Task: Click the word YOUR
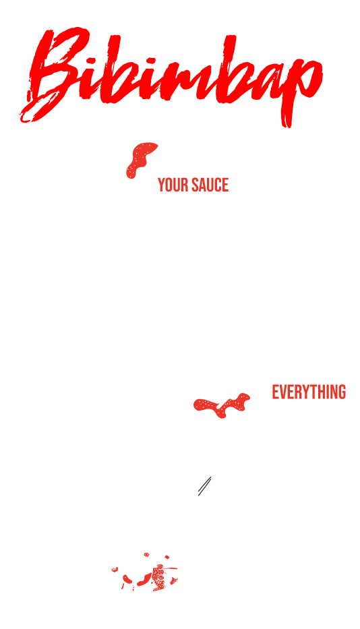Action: point(173,185)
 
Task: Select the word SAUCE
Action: point(210,185)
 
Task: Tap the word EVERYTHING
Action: point(309,392)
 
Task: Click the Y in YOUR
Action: point(161,185)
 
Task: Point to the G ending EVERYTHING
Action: point(342,392)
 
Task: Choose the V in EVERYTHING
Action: point(283,392)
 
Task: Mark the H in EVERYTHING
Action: point(323,392)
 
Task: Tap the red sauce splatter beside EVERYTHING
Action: point(222,406)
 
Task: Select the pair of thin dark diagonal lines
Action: point(205,486)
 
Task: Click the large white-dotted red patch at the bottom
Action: point(159,578)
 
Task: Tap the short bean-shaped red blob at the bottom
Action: point(127,579)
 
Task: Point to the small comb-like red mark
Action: point(115,569)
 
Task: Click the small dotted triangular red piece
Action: point(174,580)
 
